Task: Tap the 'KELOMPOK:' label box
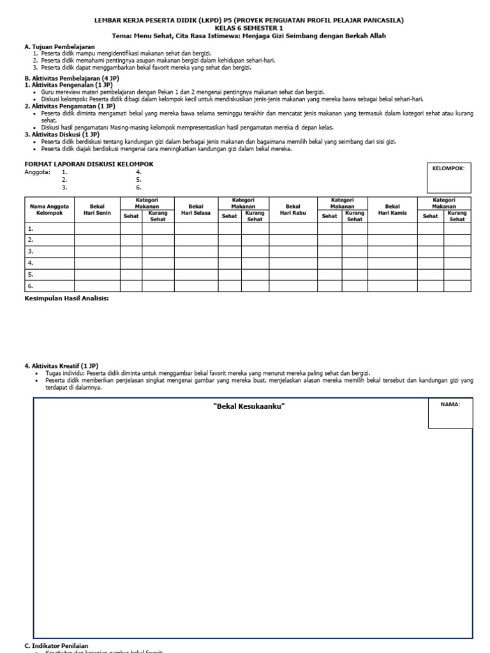tap(449, 177)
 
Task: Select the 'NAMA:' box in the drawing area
tap(450, 413)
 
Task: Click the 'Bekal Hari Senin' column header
tap(98, 210)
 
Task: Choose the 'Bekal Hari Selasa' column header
tap(197, 210)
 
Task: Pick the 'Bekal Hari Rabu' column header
tap(293, 210)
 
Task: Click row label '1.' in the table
tap(30, 228)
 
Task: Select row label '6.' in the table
tap(30, 286)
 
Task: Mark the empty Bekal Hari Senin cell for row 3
tap(98, 251)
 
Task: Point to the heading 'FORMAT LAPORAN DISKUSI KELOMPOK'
tap(89, 165)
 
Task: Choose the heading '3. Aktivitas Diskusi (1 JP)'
tap(61, 135)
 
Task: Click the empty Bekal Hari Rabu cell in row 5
tap(293, 274)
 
